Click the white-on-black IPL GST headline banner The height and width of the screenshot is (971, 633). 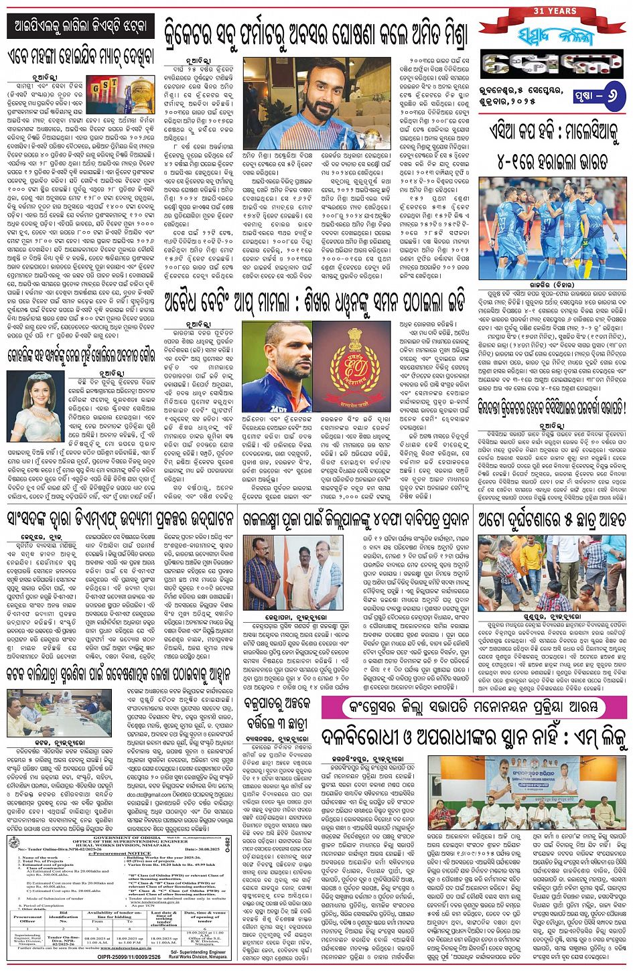(80, 27)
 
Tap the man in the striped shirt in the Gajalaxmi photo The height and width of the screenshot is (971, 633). (263, 578)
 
